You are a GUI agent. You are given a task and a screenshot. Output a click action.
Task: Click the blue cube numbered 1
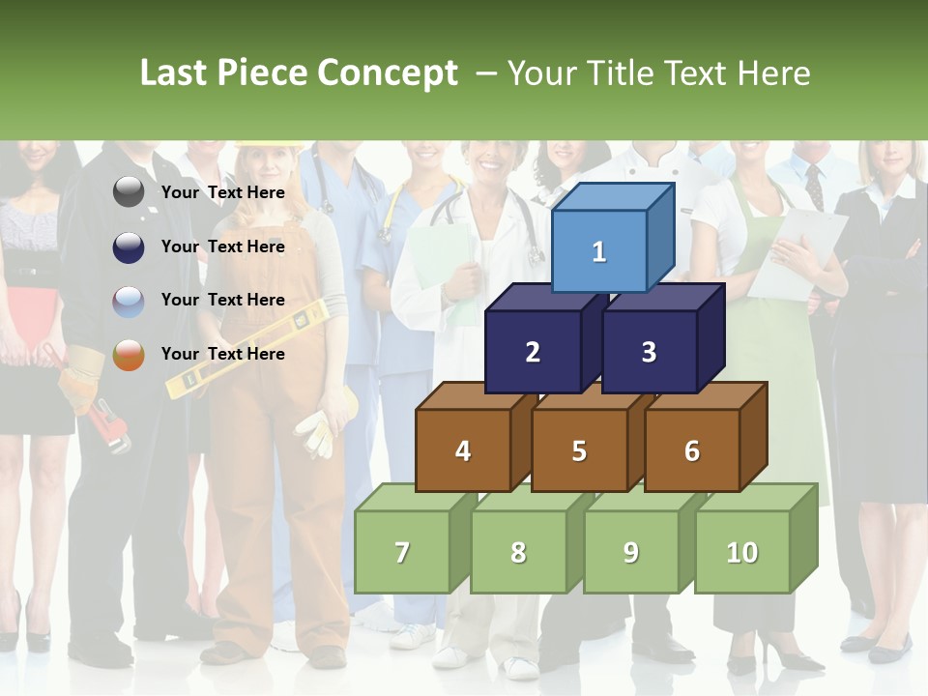pos(599,251)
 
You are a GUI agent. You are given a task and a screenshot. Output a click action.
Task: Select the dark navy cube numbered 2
pos(533,352)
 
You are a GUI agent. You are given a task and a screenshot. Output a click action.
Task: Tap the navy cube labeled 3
pos(649,352)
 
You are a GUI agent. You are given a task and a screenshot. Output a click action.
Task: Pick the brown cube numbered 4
pos(463,450)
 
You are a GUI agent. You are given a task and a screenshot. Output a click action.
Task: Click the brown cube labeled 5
pos(579,450)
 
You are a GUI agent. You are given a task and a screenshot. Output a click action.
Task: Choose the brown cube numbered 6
pos(692,450)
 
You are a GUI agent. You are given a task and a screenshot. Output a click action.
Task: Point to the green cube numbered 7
pos(402,552)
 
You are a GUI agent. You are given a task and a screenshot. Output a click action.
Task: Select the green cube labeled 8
pos(518,552)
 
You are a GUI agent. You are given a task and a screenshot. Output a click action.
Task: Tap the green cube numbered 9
pos(631,552)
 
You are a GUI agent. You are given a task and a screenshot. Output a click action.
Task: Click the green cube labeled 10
pos(742,552)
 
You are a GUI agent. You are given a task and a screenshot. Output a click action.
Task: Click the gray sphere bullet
pos(129,193)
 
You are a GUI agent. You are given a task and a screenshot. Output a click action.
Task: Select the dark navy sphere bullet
pos(129,247)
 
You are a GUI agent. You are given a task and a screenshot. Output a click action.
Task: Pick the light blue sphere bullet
pos(129,302)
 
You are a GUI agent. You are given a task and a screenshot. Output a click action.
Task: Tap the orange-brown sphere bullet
pos(129,355)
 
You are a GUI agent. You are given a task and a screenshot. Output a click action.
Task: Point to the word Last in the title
pos(176,73)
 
